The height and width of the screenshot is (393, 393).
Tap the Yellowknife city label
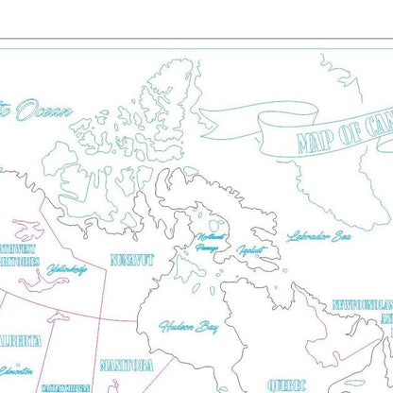tap(66, 270)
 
